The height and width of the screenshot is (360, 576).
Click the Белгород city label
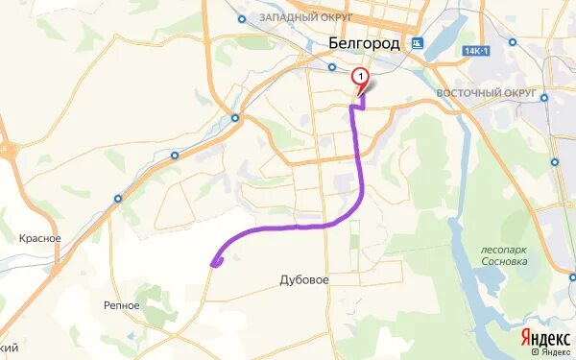364,42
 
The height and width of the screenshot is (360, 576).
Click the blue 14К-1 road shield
475,49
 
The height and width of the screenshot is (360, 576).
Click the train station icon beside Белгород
417,43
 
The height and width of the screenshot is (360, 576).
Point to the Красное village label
40,238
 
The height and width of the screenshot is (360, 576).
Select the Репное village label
122,303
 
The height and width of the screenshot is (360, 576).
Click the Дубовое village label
304,280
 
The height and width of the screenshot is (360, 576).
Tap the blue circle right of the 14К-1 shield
513,42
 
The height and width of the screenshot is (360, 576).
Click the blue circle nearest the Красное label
118,199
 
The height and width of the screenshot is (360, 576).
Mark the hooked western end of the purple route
215,261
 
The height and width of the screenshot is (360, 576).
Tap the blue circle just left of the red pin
332,67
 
